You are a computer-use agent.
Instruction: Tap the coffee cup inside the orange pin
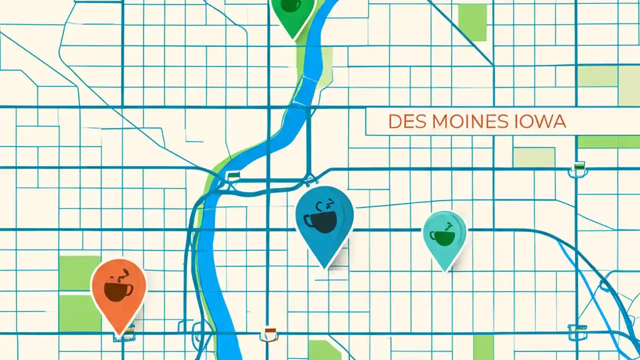118,290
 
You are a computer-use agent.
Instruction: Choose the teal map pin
444,235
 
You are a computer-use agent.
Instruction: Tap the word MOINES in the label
463,122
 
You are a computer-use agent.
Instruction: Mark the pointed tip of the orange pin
119,334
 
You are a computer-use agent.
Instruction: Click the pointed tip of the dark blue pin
326,268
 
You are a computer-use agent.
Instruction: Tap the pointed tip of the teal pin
445,270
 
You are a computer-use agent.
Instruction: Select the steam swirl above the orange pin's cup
123,274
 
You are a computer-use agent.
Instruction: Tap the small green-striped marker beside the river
233,175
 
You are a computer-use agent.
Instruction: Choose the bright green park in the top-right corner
472,22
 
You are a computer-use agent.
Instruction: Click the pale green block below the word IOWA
534,157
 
